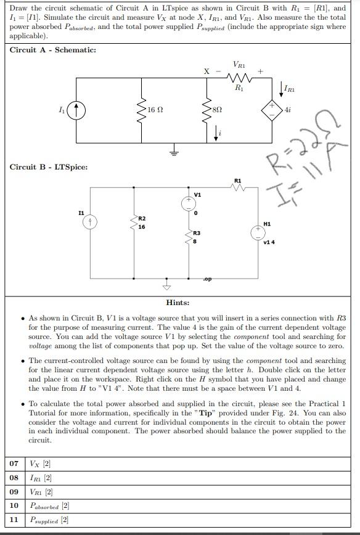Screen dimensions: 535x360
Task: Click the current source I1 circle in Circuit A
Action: [77, 112]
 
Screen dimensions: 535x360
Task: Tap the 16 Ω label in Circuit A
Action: [155, 109]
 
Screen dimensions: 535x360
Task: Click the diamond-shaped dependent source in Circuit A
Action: [270, 110]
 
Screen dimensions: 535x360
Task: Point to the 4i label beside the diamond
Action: [288, 110]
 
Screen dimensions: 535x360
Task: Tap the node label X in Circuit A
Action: [207, 71]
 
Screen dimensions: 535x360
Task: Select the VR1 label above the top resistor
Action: [239, 64]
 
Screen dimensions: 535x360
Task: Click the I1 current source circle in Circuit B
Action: [91, 222]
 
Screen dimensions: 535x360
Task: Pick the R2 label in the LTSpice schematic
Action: [142, 219]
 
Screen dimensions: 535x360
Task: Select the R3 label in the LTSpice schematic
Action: [196, 233]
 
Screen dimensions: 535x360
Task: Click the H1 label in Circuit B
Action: [266, 224]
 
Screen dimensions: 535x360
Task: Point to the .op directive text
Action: [208, 279]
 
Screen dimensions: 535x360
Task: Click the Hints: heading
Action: [178, 303]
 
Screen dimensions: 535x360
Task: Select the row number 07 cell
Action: [14, 464]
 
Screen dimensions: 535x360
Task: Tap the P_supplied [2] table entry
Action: [49, 520]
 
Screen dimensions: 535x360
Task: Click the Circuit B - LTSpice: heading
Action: [49, 167]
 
